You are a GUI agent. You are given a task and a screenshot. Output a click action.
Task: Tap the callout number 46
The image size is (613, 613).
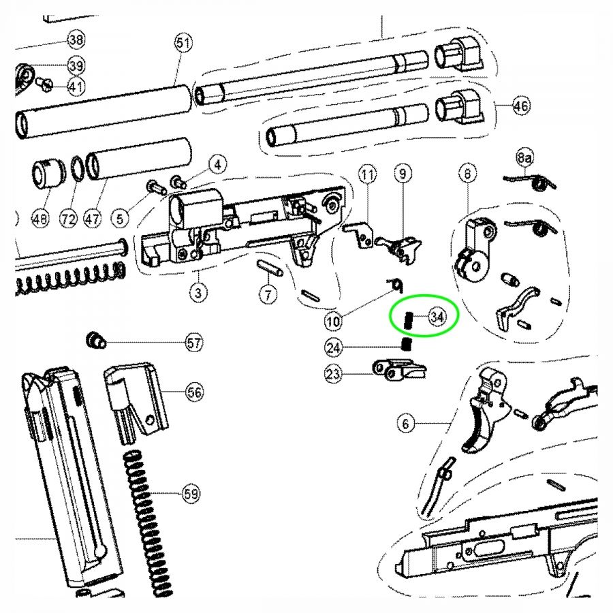(521, 106)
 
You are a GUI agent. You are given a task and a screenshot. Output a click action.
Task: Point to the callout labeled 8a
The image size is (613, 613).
(524, 159)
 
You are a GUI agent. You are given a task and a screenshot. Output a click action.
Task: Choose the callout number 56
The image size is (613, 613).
(195, 392)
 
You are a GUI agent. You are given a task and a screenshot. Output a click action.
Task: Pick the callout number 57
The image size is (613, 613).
(195, 343)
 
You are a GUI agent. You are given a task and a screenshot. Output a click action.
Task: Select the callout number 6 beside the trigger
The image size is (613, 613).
(407, 423)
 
